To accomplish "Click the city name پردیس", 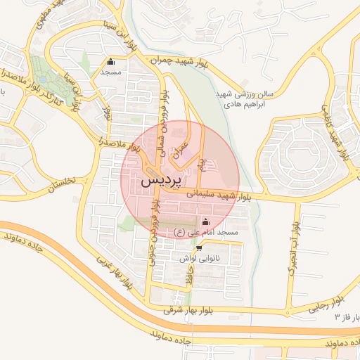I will [162, 181].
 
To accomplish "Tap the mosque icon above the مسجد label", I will [110, 60].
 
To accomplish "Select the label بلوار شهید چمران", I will [179, 63].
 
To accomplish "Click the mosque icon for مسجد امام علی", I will [205, 222].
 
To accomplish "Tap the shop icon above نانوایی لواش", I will [199, 248].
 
